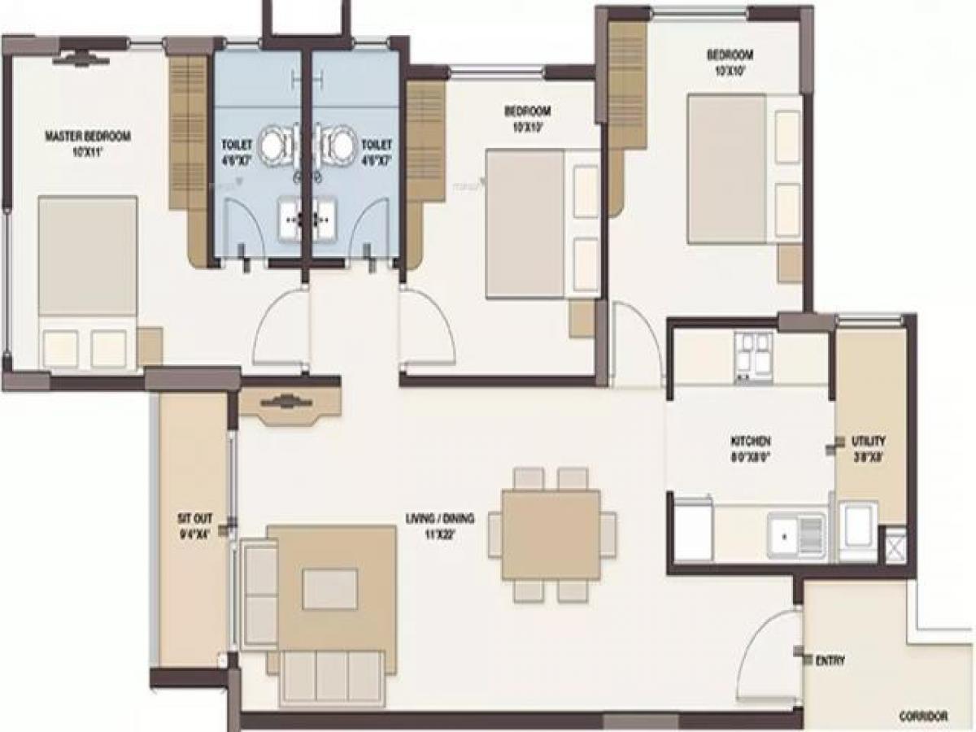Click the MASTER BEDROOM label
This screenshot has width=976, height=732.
click(x=87, y=136)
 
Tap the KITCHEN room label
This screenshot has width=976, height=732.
click(x=750, y=440)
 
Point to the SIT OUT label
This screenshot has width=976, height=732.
click(x=194, y=516)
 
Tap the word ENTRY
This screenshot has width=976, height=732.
click(x=830, y=661)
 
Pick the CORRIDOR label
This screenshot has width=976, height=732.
click(x=924, y=717)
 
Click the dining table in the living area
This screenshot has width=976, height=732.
click(x=551, y=534)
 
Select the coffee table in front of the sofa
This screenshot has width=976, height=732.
click(x=329, y=589)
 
